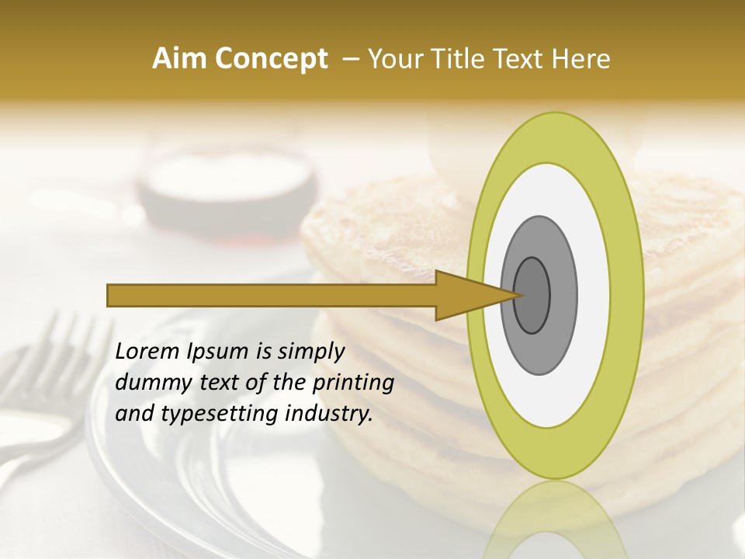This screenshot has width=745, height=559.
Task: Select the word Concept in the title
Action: (271, 59)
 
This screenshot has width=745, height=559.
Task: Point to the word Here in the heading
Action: (581, 59)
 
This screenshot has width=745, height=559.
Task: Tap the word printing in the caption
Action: (353, 383)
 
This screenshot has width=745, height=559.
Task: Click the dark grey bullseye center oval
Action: (532, 295)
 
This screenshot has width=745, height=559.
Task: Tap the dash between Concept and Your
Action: (350, 59)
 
